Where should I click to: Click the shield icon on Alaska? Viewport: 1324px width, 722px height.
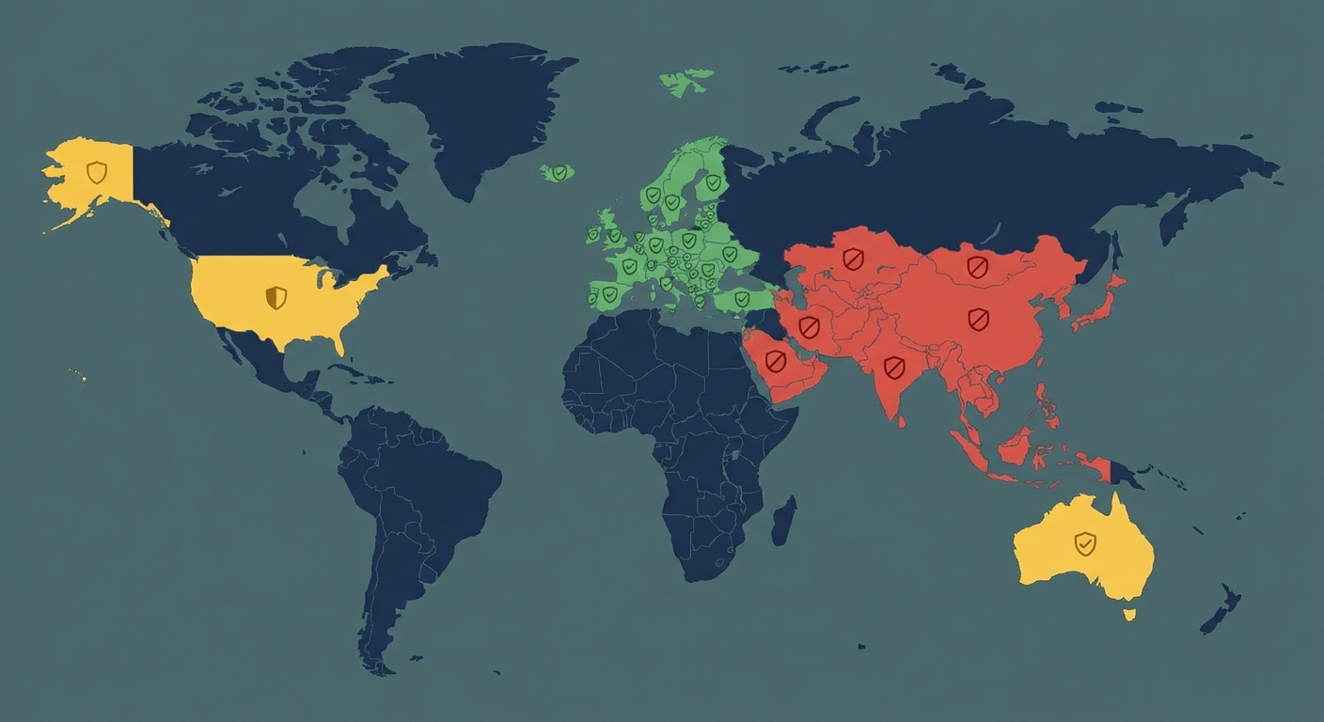tap(96, 172)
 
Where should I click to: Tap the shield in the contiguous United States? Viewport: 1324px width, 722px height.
tap(276, 298)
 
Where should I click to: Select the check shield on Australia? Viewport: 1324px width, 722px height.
tap(1085, 543)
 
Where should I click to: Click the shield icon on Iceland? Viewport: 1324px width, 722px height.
tap(560, 172)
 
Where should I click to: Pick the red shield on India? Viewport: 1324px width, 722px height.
tap(894, 367)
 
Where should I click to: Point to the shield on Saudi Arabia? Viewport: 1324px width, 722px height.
tap(776, 362)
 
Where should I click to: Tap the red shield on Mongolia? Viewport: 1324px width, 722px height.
tap(978, 268)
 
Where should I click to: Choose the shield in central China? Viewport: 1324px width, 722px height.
tap(979, 320)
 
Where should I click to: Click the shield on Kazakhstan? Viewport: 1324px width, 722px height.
tap(853, 259)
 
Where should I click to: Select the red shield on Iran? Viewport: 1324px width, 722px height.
tap(809, 327)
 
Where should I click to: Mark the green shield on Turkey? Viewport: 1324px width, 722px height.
tap(742, 299)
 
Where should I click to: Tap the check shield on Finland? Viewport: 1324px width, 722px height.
tap(714, 182)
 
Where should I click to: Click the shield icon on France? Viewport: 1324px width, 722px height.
tap(629, 267)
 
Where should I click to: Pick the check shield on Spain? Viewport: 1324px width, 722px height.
tap(610, 295)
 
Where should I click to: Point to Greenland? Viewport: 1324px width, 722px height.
tap(470, 103)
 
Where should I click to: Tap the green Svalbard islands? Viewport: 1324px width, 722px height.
tap(686, 82)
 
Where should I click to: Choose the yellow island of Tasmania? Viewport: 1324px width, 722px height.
tap(1129, 615)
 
